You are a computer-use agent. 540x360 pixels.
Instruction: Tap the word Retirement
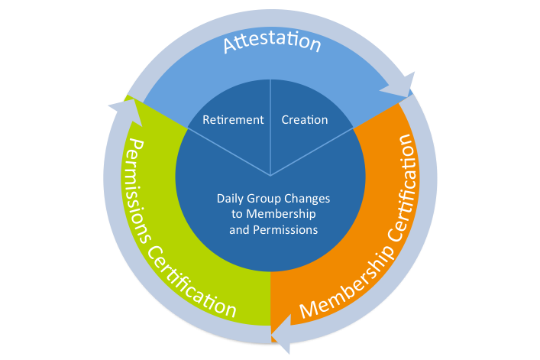pyautogui.click(x=233, y=120)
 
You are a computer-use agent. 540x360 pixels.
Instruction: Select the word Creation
pyautogui.click(x=305, y=120)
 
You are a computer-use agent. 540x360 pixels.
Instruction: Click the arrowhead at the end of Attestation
pyautogui.click(x=400, y=86)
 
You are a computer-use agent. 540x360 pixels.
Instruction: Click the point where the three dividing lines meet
pyautogui.click(x=270, y=174)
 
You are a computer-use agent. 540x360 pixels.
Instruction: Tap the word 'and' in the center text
pyautogui.click(x=239, y=229)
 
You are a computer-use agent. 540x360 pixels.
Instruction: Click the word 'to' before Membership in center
pyautogui.click(x=238, y=214)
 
